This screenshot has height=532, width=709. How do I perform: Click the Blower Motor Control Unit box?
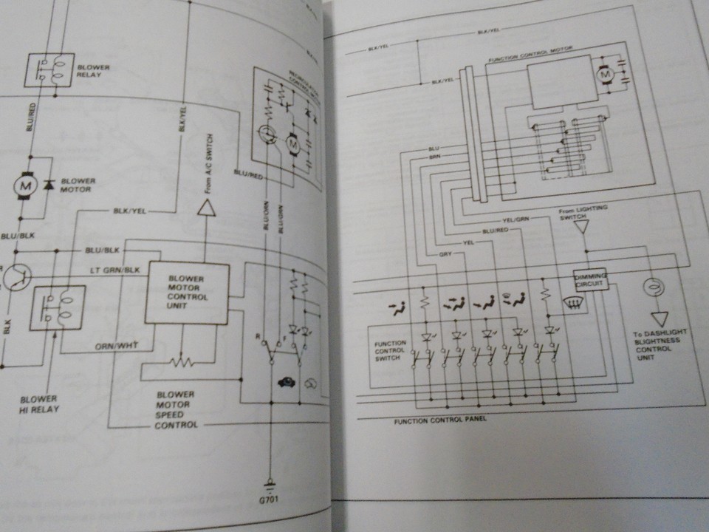pos(186,292)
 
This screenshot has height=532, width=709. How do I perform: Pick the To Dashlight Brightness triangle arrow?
pos(659,318)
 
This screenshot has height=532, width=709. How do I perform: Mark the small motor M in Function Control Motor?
pos(603,75)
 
